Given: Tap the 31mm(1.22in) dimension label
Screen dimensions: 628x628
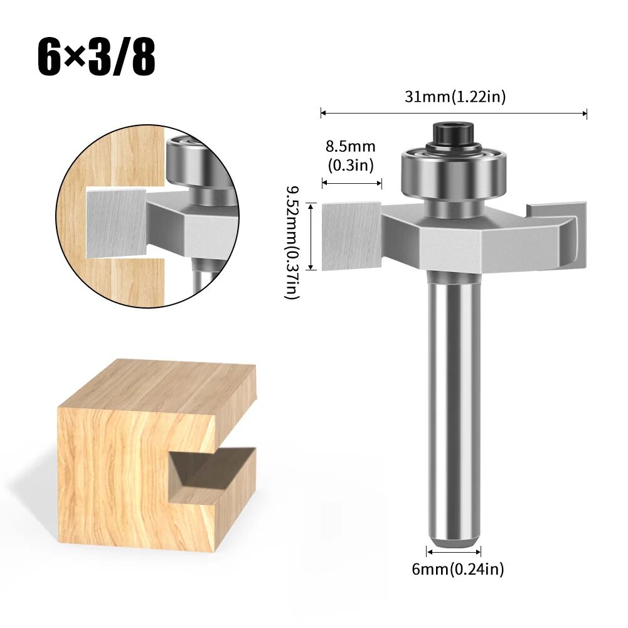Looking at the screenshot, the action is click(x=455, y=97).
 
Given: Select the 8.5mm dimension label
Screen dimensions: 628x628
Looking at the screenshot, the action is click(x=351, y=147).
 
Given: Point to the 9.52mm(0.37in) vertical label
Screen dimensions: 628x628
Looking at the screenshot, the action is click(x=292, y=242).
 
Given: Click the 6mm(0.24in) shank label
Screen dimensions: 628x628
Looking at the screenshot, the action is click(x=458, y=569).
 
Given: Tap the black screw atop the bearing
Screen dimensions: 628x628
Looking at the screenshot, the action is click(x=454, y=136).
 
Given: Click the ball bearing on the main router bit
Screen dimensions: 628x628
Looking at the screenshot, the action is click(x=454, y=173).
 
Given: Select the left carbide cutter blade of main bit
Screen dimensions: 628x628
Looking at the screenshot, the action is click(x=351, y=236).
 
